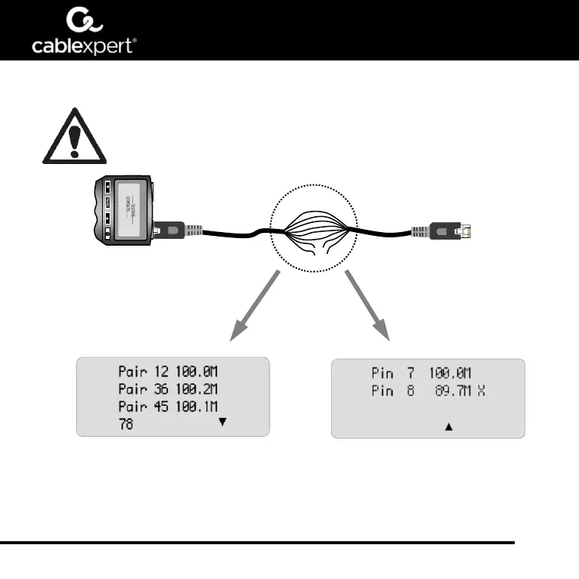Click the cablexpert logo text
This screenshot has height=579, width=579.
(83, 45)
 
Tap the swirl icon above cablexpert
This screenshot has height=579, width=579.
(82, 19)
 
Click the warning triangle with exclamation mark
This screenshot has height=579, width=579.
(73, 136)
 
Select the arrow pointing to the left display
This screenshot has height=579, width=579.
(255, 308)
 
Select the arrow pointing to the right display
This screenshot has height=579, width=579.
(370, 308)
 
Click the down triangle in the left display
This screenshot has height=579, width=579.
(221, 423)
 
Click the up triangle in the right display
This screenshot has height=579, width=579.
(448, 427)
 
